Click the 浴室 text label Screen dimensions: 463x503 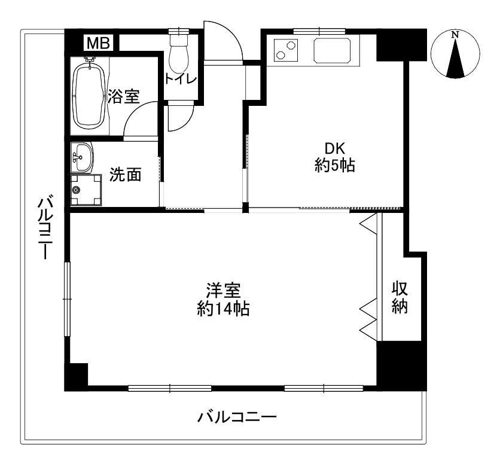tap(124, 96)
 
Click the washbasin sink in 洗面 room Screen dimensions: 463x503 tap(82, 157)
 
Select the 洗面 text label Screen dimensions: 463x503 tap(126, 175)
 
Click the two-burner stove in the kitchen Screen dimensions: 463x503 tap(286, 50)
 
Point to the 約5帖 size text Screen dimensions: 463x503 tap(335, 166)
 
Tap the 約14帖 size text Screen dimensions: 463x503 tap(223, 309)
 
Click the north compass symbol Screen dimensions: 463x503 tap(456, 54)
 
